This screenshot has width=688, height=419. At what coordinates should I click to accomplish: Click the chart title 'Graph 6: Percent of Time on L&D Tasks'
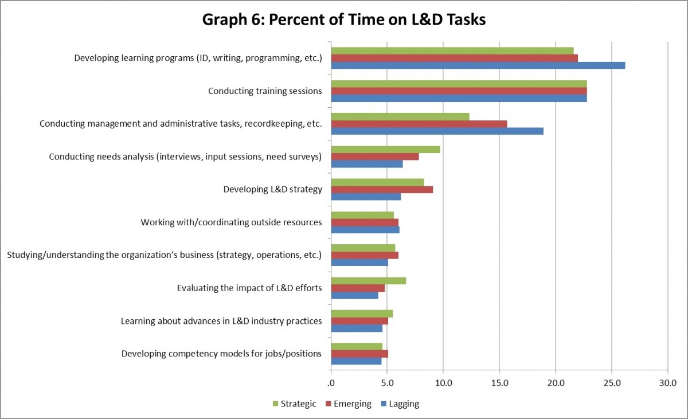coord(344,19)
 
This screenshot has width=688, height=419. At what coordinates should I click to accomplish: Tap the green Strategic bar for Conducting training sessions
coord(459,84)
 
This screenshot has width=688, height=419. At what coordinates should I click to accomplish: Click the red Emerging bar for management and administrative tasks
coord(419,124)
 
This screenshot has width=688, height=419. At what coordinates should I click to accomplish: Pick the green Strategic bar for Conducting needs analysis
coord(386,150)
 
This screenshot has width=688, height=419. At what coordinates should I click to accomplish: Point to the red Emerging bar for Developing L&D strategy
coord(382,190)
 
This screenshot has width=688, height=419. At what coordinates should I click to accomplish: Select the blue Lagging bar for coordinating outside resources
coord(365,230)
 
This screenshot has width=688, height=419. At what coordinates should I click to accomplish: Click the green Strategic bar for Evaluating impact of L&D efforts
coord(369,280)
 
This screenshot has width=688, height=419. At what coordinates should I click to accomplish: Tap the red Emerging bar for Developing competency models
coord(359,354)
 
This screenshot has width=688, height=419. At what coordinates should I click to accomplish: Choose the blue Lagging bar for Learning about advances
coord(357,328)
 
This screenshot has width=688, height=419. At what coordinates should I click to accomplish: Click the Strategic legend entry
coord(294,404)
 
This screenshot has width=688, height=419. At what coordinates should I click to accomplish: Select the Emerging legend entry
coord(348,404)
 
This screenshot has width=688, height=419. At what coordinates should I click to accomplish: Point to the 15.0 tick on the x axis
coord(499,382)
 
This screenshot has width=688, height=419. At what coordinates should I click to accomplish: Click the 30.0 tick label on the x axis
coord(667,382)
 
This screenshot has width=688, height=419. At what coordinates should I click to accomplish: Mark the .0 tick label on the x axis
coord(331,382)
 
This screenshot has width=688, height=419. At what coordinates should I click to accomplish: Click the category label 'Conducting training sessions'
coord(265,91)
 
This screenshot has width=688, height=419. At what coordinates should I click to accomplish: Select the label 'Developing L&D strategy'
coord(272,190)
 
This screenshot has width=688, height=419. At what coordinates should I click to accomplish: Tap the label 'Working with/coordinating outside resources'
coord(231,222)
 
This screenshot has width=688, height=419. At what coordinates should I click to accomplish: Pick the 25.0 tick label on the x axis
coord(611,382)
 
